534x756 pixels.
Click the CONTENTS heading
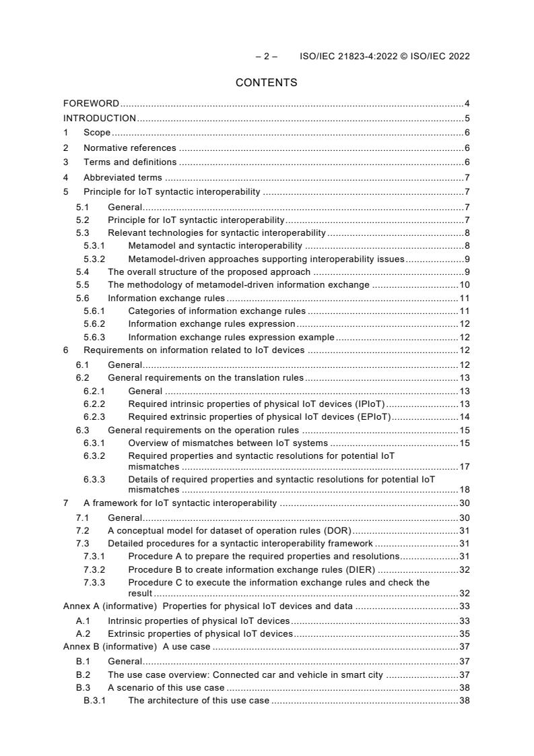pos(266,83)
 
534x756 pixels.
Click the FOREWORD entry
pos(91,104)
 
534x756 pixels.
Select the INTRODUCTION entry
pos(99,119)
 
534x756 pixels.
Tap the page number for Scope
pos(467,133)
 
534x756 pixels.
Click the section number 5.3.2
pos(95,259)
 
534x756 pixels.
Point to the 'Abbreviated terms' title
pos(123,177)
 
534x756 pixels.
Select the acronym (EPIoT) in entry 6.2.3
pos(374,417)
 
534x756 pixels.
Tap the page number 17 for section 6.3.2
pos(464,466)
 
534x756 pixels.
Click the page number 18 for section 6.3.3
pos(464,490)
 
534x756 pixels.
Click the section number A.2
pos(83,633)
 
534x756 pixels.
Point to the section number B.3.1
pos(95,701)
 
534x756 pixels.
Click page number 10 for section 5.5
pos(464,285)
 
